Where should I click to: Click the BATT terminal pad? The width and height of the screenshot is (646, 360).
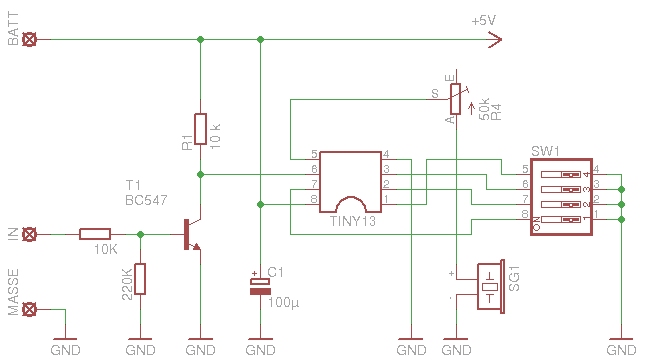29,40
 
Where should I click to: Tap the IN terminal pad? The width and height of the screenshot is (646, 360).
29,234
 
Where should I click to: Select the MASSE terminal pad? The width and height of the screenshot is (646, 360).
29,309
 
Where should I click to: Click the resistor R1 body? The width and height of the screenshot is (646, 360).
200,129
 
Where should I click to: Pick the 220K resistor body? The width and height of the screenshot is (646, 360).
140,279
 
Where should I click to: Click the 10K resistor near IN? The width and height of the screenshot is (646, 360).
95,234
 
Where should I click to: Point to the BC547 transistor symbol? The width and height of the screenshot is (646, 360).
191,234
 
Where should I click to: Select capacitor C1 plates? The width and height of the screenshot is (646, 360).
260,287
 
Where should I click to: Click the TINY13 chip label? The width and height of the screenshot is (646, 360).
353,222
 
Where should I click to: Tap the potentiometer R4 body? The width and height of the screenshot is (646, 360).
455,99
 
